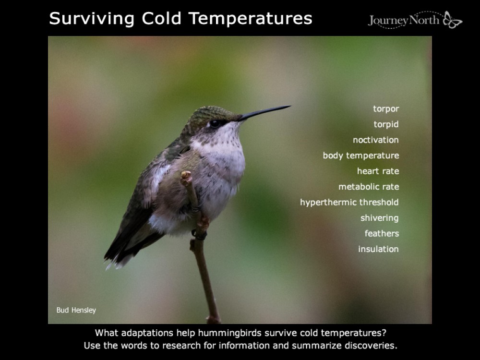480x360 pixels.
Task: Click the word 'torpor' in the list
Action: [386, 109]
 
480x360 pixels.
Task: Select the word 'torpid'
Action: [386, 124]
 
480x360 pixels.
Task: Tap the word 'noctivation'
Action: [375, 140]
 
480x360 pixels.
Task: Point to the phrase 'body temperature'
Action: [360, 156]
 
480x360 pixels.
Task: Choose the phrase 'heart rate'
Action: [378, 171]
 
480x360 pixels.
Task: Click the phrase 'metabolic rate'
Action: [368, 187]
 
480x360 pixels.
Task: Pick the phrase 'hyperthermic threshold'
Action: [349, 202]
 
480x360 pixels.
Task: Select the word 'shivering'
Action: [379, 218]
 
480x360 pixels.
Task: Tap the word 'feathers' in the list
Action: [382, 233]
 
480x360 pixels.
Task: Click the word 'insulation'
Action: [378, 249]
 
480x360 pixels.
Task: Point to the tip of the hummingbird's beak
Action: [289, 107]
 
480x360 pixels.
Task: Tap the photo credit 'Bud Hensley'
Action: [76, 310]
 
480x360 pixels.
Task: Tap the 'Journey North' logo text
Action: [405, 21]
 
